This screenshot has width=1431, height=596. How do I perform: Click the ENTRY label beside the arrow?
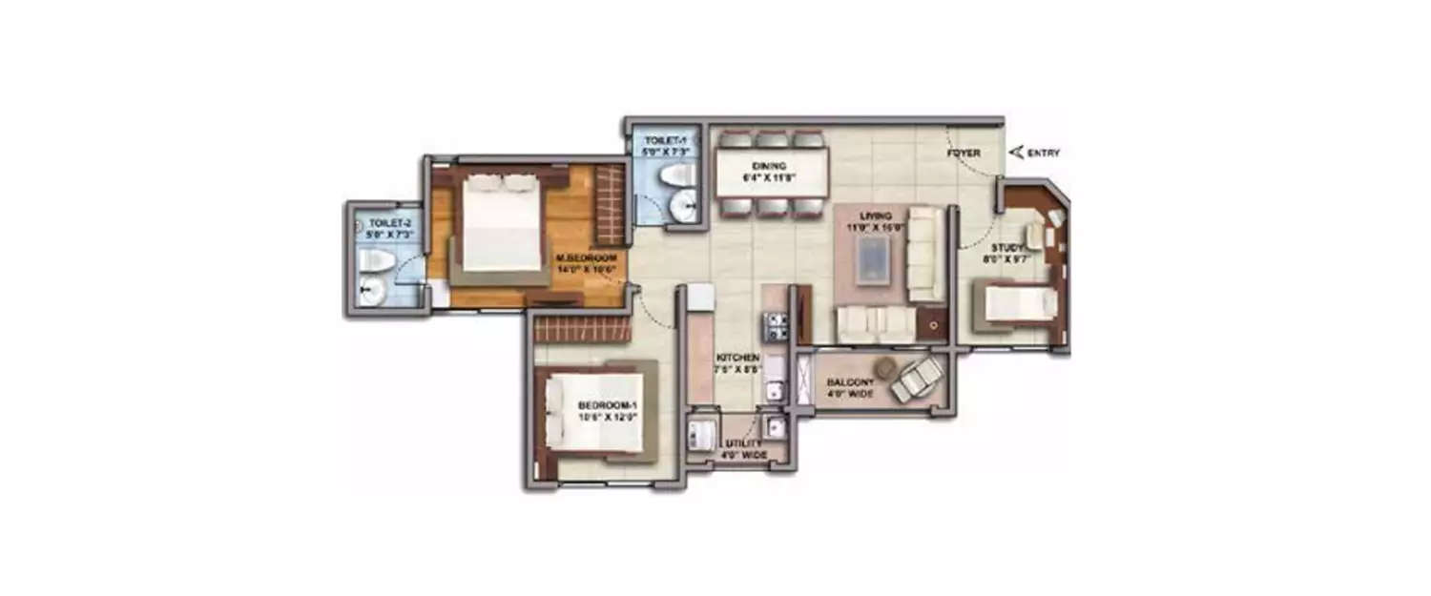1044,153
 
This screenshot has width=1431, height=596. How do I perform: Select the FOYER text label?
964,153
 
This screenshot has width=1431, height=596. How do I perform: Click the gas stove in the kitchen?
774,326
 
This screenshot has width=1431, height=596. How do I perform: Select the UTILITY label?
743,443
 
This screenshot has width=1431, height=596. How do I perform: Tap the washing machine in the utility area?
703,431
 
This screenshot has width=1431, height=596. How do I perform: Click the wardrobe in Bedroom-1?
582,330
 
